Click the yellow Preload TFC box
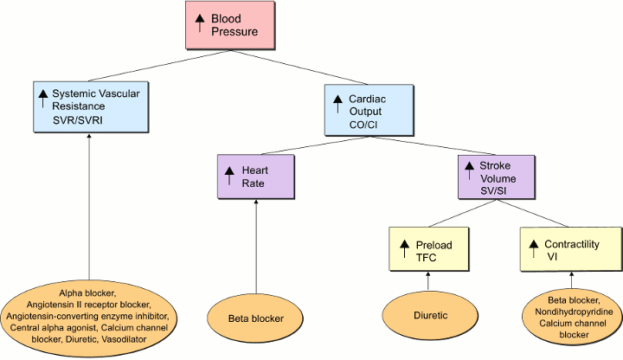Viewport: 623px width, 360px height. (x=429, y=250)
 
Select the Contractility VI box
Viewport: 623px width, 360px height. (x=571, y=250)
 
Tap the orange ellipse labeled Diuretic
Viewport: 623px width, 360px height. (x=430, y=316)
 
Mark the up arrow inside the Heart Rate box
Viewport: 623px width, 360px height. (x=230, y=176)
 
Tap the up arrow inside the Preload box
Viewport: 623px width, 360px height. (x=405, y=249)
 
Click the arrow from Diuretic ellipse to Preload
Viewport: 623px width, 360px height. (x=429, y=281)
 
